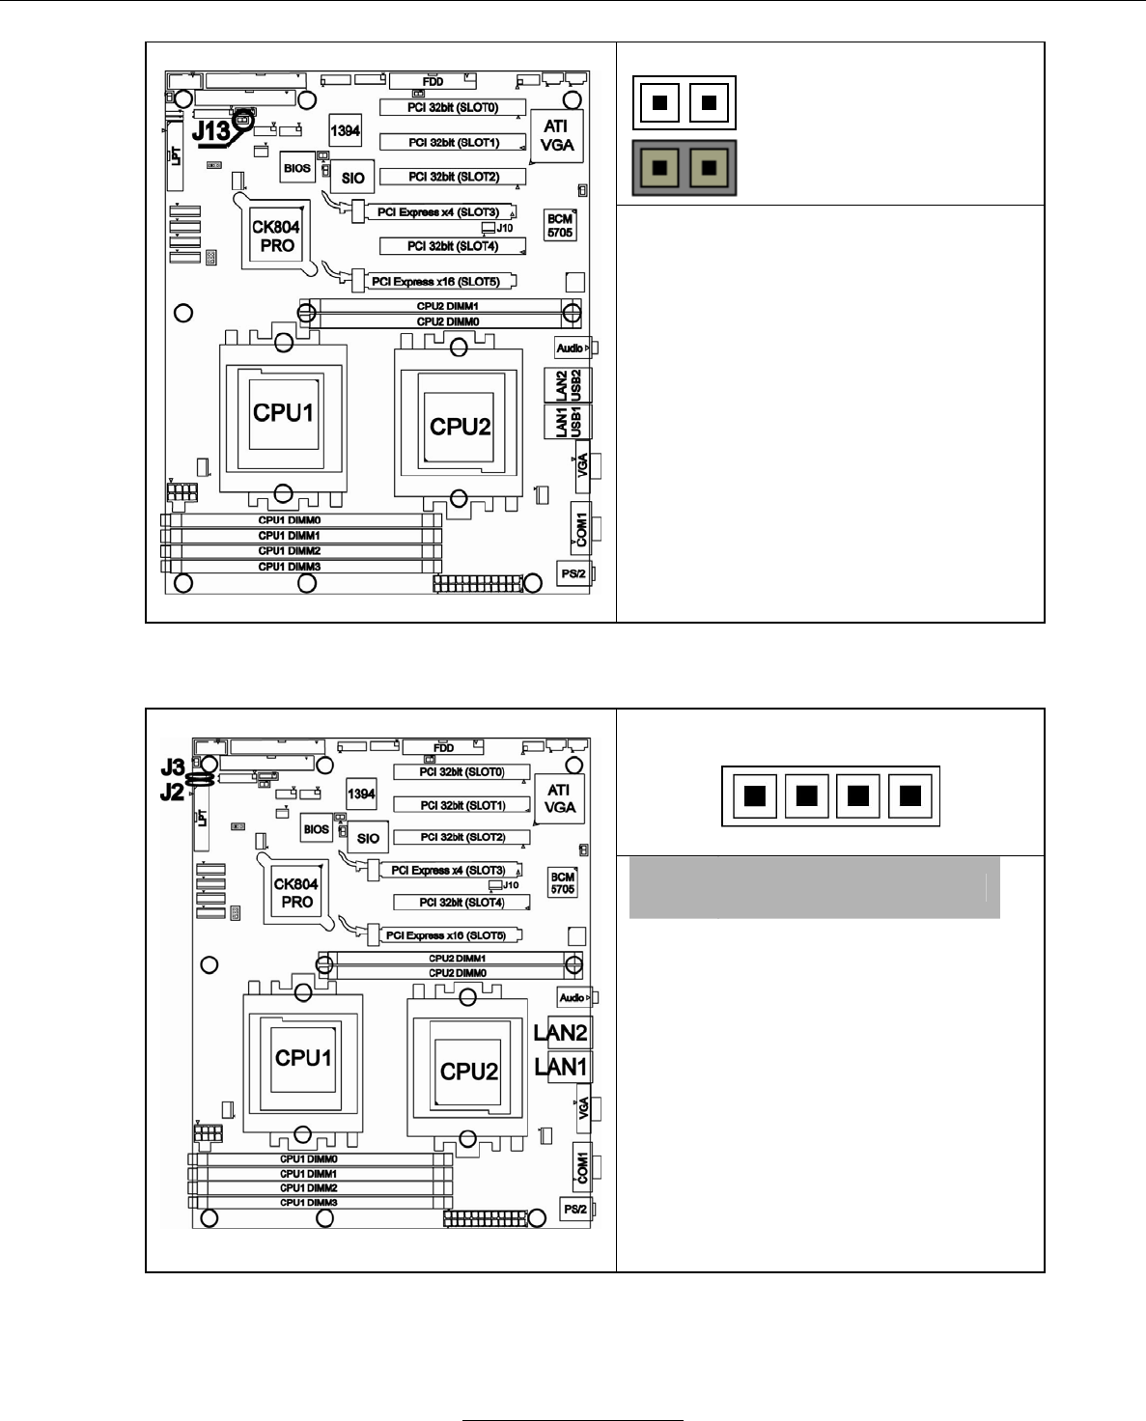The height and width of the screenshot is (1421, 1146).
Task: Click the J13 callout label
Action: point(210,130)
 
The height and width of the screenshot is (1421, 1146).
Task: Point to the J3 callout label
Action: point(172,767)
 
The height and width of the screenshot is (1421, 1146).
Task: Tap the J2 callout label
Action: point(172,793)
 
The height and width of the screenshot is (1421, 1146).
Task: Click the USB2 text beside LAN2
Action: point(576,384)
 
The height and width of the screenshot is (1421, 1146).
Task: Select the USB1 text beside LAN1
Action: point(576,422)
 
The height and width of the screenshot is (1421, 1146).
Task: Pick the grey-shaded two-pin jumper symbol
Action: point(685,168)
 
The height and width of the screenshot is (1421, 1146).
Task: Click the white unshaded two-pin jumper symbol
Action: point(685,102)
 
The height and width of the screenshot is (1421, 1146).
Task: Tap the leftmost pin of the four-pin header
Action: point(755,796)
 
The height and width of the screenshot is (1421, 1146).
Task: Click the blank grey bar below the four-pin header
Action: point(814,887)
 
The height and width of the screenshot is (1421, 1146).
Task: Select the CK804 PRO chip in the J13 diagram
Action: point(276,237)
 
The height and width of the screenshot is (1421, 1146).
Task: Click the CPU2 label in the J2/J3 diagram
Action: point(469,1072)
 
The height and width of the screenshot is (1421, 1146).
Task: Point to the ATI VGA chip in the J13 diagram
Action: point(556,136)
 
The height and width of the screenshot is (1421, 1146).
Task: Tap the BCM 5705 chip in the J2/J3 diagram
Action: point(562,883)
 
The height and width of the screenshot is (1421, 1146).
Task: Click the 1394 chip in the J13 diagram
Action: point(345,130)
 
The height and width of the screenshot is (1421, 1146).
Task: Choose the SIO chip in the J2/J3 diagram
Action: point(368,838)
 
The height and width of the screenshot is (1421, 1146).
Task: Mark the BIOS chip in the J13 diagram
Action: point(297,168)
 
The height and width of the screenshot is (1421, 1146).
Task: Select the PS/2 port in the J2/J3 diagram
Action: point(575,1210)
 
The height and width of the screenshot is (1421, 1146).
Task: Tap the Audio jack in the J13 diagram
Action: point(572,348)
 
